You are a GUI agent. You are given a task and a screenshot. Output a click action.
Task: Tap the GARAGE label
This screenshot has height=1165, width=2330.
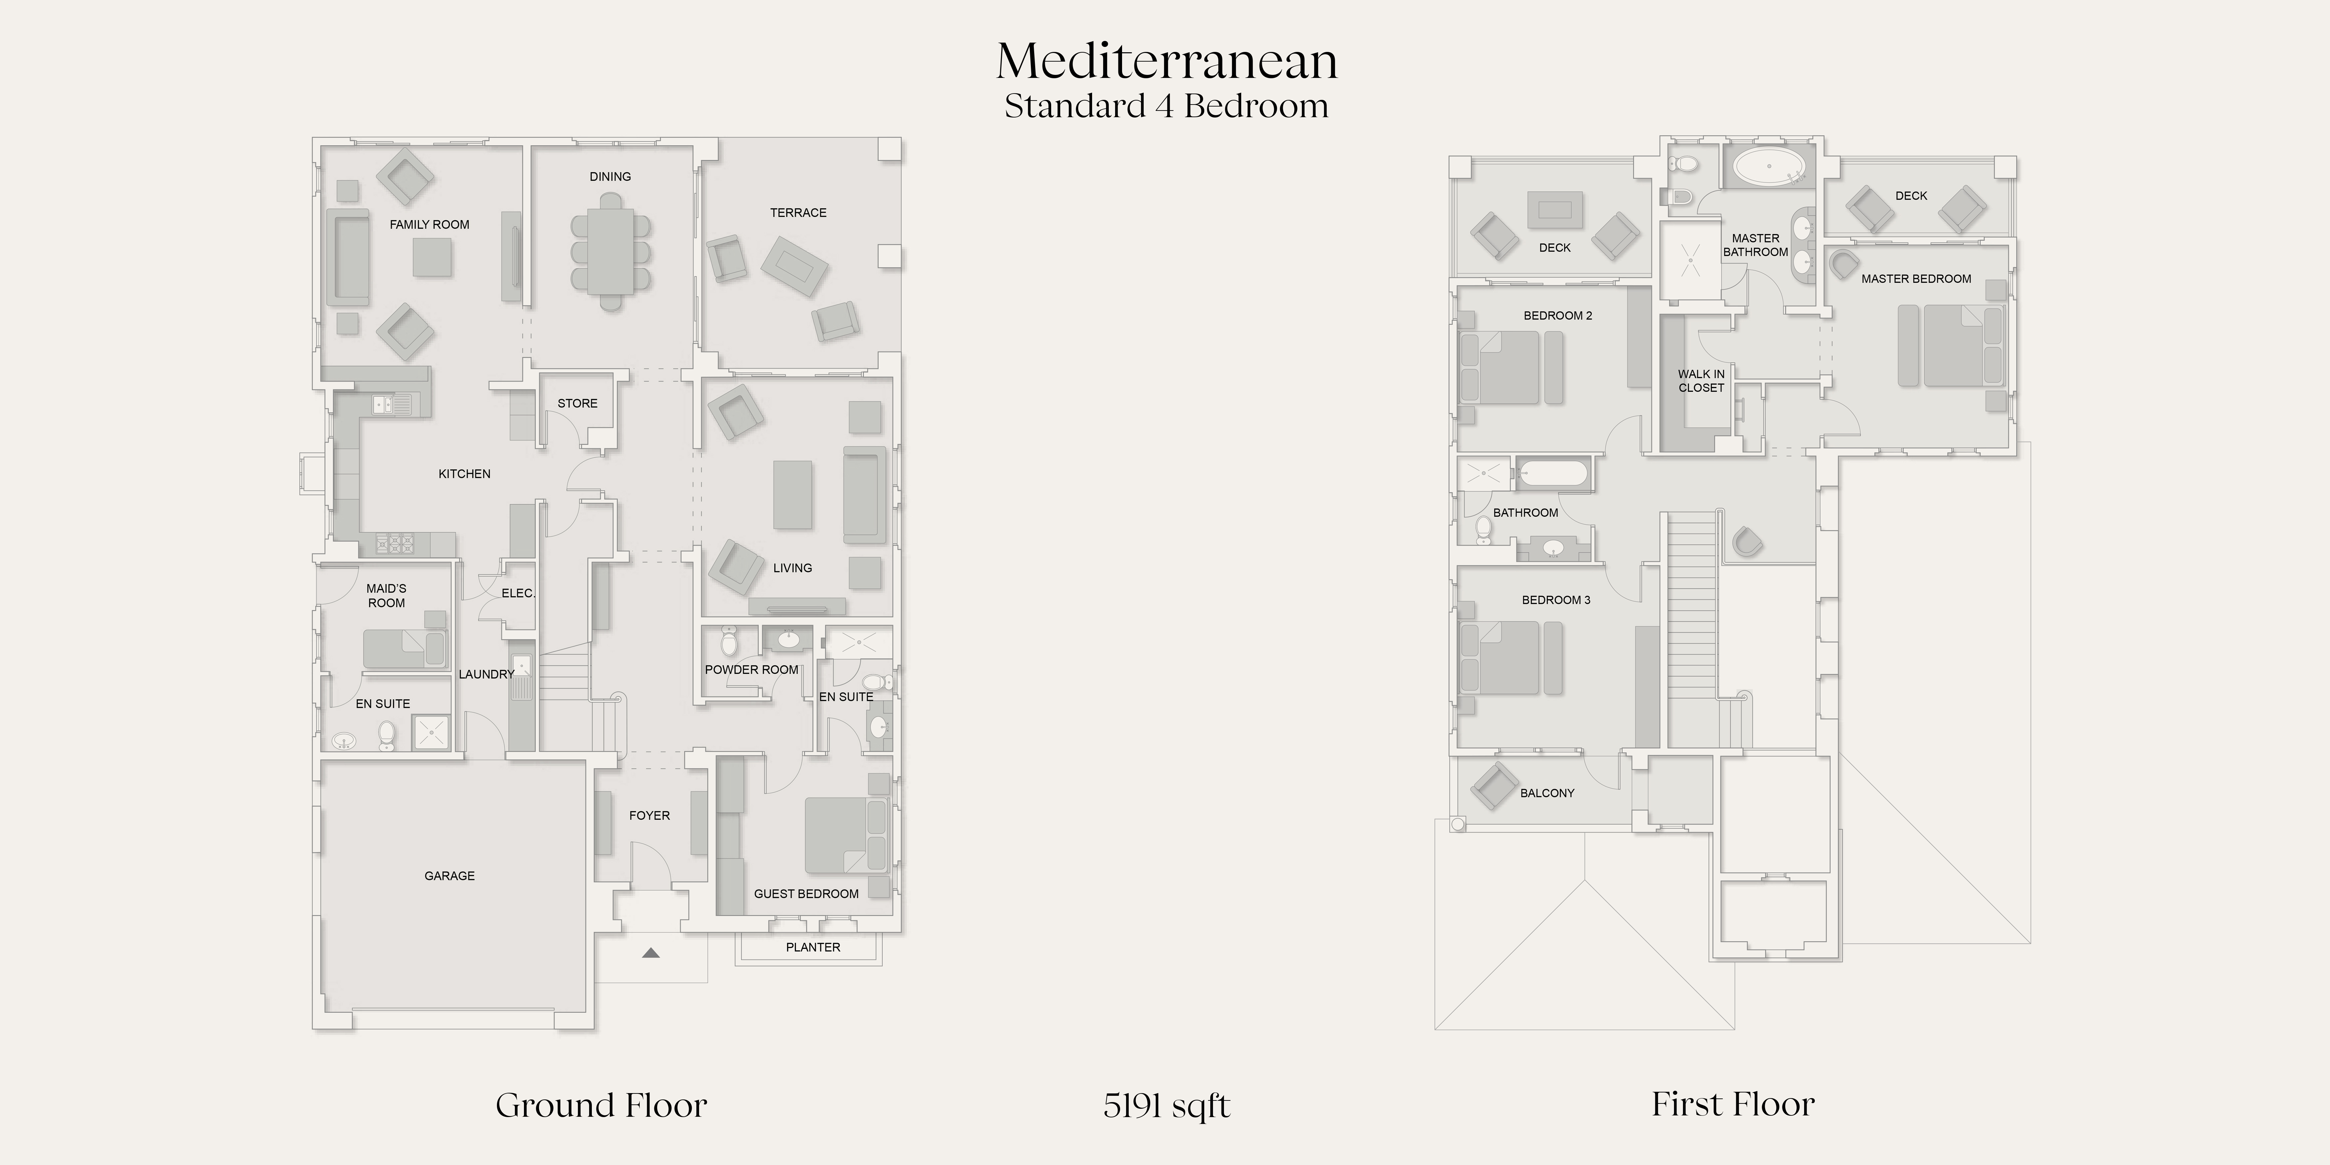coord(450,875)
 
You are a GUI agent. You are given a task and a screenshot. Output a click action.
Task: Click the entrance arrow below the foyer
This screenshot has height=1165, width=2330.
coord(650,952)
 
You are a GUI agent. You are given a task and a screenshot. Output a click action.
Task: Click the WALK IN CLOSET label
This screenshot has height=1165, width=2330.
coord(1701,381)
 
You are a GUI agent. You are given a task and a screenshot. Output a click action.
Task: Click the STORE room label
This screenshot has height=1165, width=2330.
coord(577,403)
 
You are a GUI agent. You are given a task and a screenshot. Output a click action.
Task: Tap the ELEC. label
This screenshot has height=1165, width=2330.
coord(518,593)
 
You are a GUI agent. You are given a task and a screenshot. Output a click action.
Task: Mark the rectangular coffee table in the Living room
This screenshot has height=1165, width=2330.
coord(792,495)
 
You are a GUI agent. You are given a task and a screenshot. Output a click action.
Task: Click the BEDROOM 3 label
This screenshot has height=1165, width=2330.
coord(1556,600)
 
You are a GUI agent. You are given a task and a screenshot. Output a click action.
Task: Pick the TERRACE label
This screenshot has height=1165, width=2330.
coord(798,213)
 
